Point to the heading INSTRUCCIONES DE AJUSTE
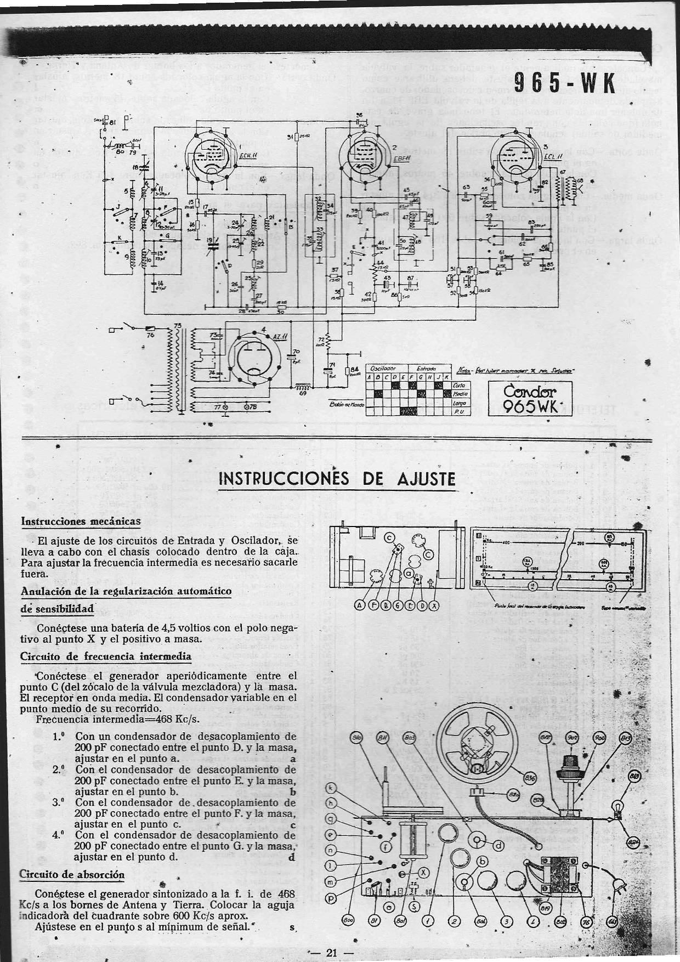(337, 479)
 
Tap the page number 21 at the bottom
(331, 953)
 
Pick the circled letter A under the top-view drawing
(360, 606)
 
